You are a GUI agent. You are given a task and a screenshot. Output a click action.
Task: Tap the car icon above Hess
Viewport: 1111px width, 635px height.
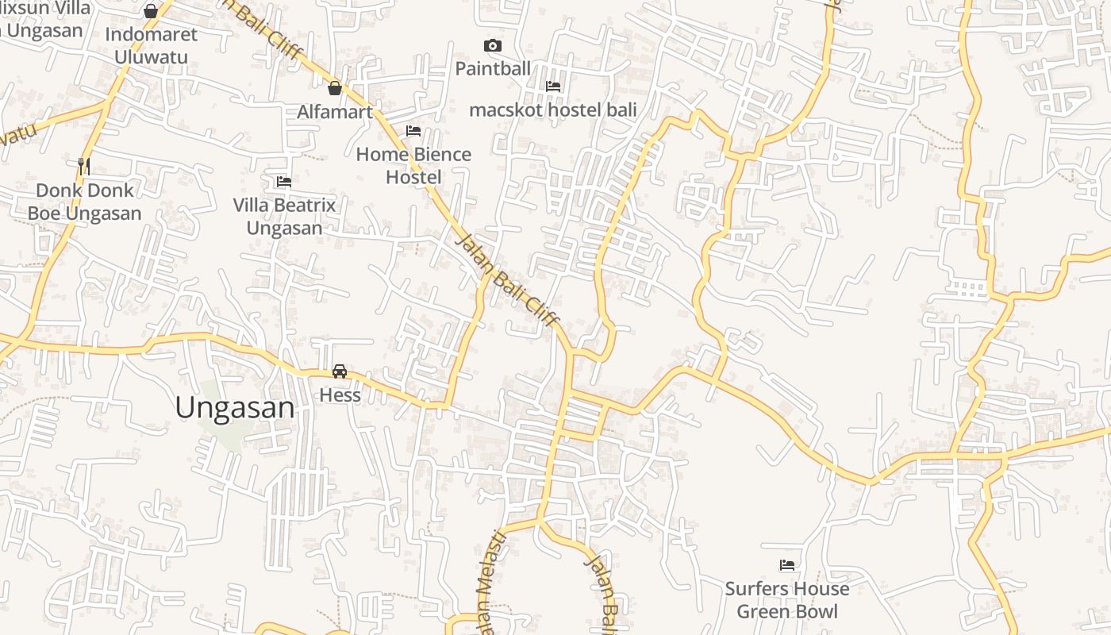pos(340,371)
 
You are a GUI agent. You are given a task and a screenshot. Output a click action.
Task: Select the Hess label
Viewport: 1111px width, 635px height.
pos(340,394)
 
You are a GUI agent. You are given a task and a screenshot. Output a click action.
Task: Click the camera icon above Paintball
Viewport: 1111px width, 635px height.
pos(493,46)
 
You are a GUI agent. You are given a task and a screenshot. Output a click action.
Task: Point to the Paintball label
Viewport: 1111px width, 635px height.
pos(493,69)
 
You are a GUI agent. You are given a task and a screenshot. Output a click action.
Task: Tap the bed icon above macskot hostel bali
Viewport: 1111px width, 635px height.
pos(553,86)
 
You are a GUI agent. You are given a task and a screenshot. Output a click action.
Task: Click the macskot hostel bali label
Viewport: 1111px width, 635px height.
pos(553,110)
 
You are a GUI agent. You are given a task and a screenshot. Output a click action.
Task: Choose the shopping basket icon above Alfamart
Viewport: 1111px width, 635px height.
pos(335,88)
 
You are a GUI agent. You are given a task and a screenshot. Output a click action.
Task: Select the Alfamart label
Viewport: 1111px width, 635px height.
pos(335,112)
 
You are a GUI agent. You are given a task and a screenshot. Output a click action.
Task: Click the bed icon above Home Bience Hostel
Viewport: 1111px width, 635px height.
pos(413,131)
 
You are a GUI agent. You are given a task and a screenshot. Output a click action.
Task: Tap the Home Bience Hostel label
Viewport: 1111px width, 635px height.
pos(413,165)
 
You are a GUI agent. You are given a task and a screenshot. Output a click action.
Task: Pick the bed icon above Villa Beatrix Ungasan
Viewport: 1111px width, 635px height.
pos(284,182)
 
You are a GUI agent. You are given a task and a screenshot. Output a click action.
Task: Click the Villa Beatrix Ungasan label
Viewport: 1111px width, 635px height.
pos(284,217)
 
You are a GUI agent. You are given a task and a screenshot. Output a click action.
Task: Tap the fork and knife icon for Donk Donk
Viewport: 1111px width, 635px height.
pos(84,166)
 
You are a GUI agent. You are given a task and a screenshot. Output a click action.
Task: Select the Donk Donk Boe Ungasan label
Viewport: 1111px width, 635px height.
pos(84,202)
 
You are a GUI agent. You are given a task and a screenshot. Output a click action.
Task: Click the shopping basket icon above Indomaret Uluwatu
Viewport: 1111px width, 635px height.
pos(151,11)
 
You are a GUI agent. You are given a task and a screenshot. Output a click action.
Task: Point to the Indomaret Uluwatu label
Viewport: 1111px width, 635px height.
pos(151,45)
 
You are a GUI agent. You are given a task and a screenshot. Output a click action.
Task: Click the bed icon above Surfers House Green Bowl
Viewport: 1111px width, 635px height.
pos(787,565)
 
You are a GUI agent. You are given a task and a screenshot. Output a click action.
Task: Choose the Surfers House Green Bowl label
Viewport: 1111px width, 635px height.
pos(787,600)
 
